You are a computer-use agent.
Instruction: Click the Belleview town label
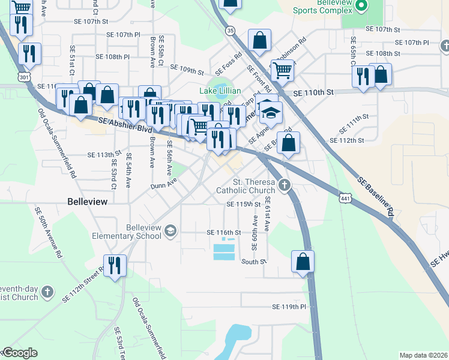tap(88, 202)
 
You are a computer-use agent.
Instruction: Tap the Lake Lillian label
tap(220, 91)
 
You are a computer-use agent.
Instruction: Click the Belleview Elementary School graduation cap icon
tap(170, 231)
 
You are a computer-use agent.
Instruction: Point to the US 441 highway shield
tap(344, 197)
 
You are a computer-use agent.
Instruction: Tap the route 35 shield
tap(230, 30)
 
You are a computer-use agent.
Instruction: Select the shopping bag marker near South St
tap(303, 261)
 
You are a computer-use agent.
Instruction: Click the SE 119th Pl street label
tap(289, 307)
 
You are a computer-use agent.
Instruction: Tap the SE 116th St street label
tap(223, 232)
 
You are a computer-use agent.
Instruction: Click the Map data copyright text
tap(424, 355)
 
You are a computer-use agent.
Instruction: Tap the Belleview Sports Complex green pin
tap(361, 7)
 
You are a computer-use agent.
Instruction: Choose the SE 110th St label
tap(313, 93)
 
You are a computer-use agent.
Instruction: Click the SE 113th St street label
tap(104, 155)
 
